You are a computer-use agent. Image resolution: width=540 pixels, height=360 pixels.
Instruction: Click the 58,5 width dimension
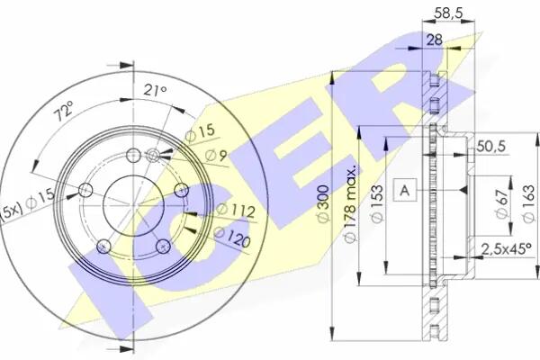click(447, 13)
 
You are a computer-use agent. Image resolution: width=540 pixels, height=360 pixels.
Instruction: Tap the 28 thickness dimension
click(435, 40)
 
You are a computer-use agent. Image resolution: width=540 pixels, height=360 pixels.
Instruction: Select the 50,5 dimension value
click(491, 147)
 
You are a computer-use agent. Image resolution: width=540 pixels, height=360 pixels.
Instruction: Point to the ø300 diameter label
click(324, 204)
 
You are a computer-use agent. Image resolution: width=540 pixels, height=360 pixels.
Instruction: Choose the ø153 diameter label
click(378, 204)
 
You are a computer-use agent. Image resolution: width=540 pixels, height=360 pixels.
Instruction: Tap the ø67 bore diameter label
click(502, 203)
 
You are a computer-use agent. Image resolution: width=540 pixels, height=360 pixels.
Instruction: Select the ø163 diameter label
click(528, 203)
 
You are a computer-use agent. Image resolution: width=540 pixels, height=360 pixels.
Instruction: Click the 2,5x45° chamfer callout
click(506, 248)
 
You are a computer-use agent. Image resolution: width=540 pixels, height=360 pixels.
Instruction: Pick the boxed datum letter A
click(405, 190)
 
